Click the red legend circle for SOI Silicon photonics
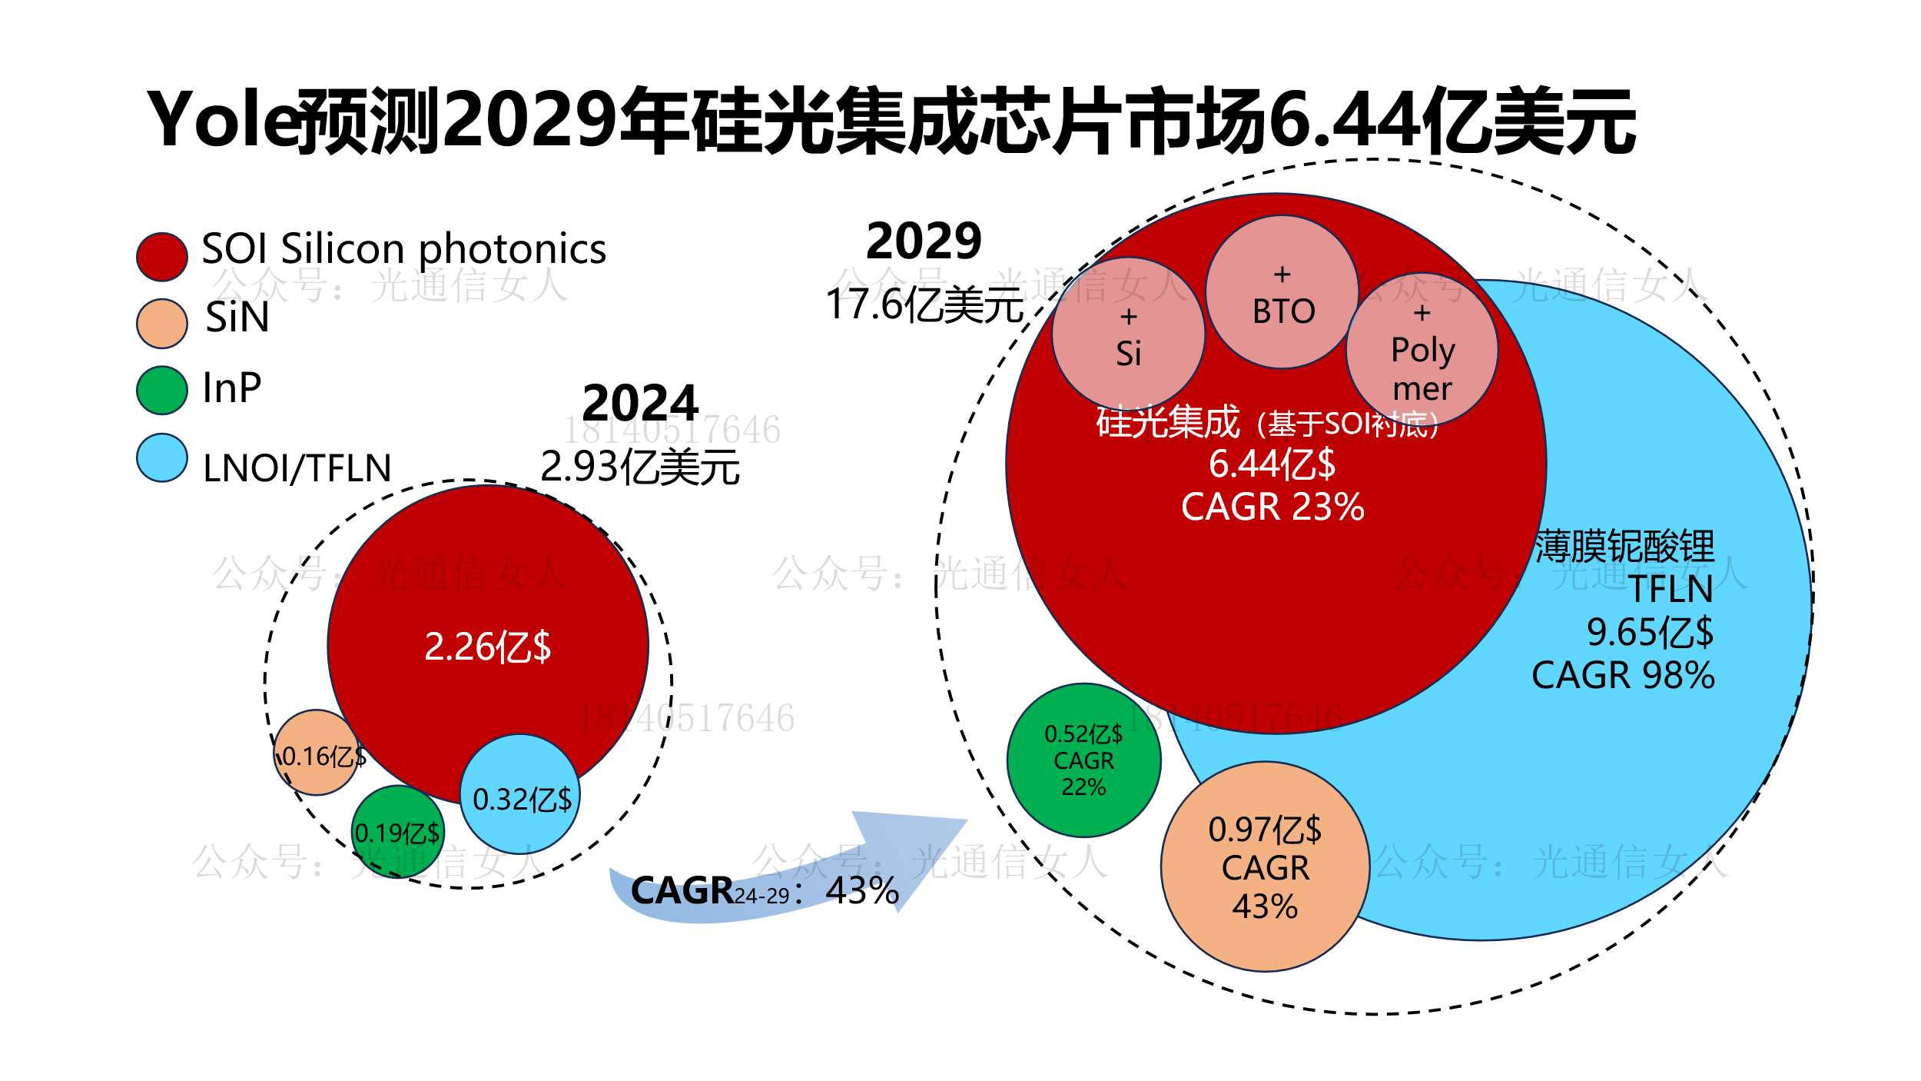point(161,257)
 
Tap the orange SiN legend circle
point(161,324)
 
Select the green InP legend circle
point(161,390)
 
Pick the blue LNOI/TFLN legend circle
point(161,458)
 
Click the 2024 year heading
point(640,402)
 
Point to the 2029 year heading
point(924,241)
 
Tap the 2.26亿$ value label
point(487,647)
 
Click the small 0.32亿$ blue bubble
point(520,794)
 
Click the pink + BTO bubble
point(1282,292)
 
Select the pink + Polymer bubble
point(1422,350)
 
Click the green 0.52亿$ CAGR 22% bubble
point(1083,760)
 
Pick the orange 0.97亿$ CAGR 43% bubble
point(1265,866)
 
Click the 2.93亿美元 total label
point(639,467)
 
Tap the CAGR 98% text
point(1623,676)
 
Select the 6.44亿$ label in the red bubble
point(1272,464)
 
